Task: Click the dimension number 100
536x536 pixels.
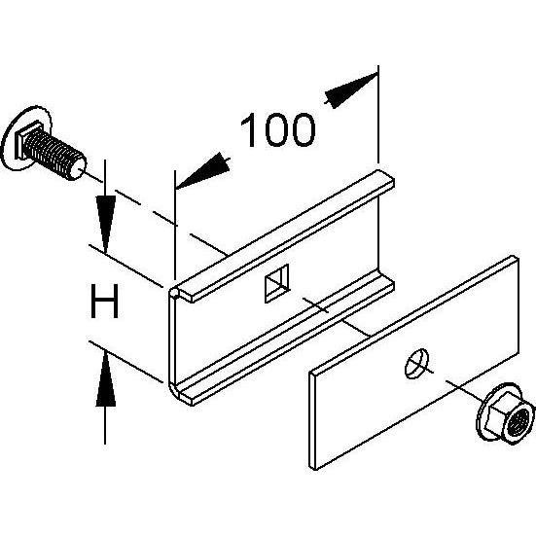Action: [x=277, y=129]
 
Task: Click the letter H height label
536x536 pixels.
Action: [x=105, y=302]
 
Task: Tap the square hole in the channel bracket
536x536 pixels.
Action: [x=277, y=283]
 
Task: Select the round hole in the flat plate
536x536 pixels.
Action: [x=417, y=364]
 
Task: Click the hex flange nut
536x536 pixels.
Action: [x=505, y=412]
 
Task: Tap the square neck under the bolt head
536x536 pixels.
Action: [x=24, y=139]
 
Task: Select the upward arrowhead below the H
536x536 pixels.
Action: [x=105, y=380]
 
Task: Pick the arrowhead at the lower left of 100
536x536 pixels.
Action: [x=201, y=171]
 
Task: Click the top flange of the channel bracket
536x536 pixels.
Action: [x=284, y=235]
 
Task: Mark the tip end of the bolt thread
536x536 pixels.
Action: [x=77, y=168]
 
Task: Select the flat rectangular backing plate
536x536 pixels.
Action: [x=414, y=362]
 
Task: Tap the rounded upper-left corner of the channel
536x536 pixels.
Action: [x=174, y=293]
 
